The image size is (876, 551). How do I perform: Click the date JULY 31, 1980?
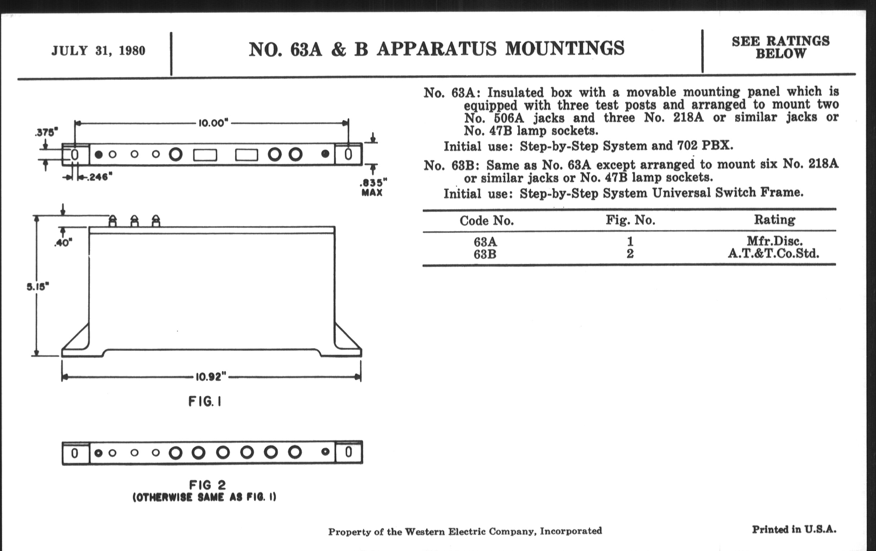(98, 50)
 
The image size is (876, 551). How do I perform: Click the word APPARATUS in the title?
(436, 49)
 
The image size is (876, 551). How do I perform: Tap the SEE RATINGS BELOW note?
(780, 47)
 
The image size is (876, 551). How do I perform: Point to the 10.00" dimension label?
(213, 123)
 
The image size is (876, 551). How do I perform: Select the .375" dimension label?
(46, 133)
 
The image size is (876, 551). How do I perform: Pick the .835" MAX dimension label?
(372, 187)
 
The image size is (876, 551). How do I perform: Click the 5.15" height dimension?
(37, 287)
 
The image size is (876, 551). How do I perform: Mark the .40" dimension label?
(63, 243)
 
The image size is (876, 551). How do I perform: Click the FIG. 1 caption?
(205, 402)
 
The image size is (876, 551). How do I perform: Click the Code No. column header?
(486, 221)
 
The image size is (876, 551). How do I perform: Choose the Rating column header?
(774, 220)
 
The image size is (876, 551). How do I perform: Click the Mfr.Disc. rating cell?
(774, 241)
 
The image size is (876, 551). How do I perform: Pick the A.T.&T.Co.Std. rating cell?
(773, 253)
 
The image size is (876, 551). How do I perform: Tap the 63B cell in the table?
(485, 254)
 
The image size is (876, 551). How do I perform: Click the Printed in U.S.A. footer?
(794, 529)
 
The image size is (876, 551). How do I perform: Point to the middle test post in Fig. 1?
(134, 221)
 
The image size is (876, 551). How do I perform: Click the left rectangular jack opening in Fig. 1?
(205, 155)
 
